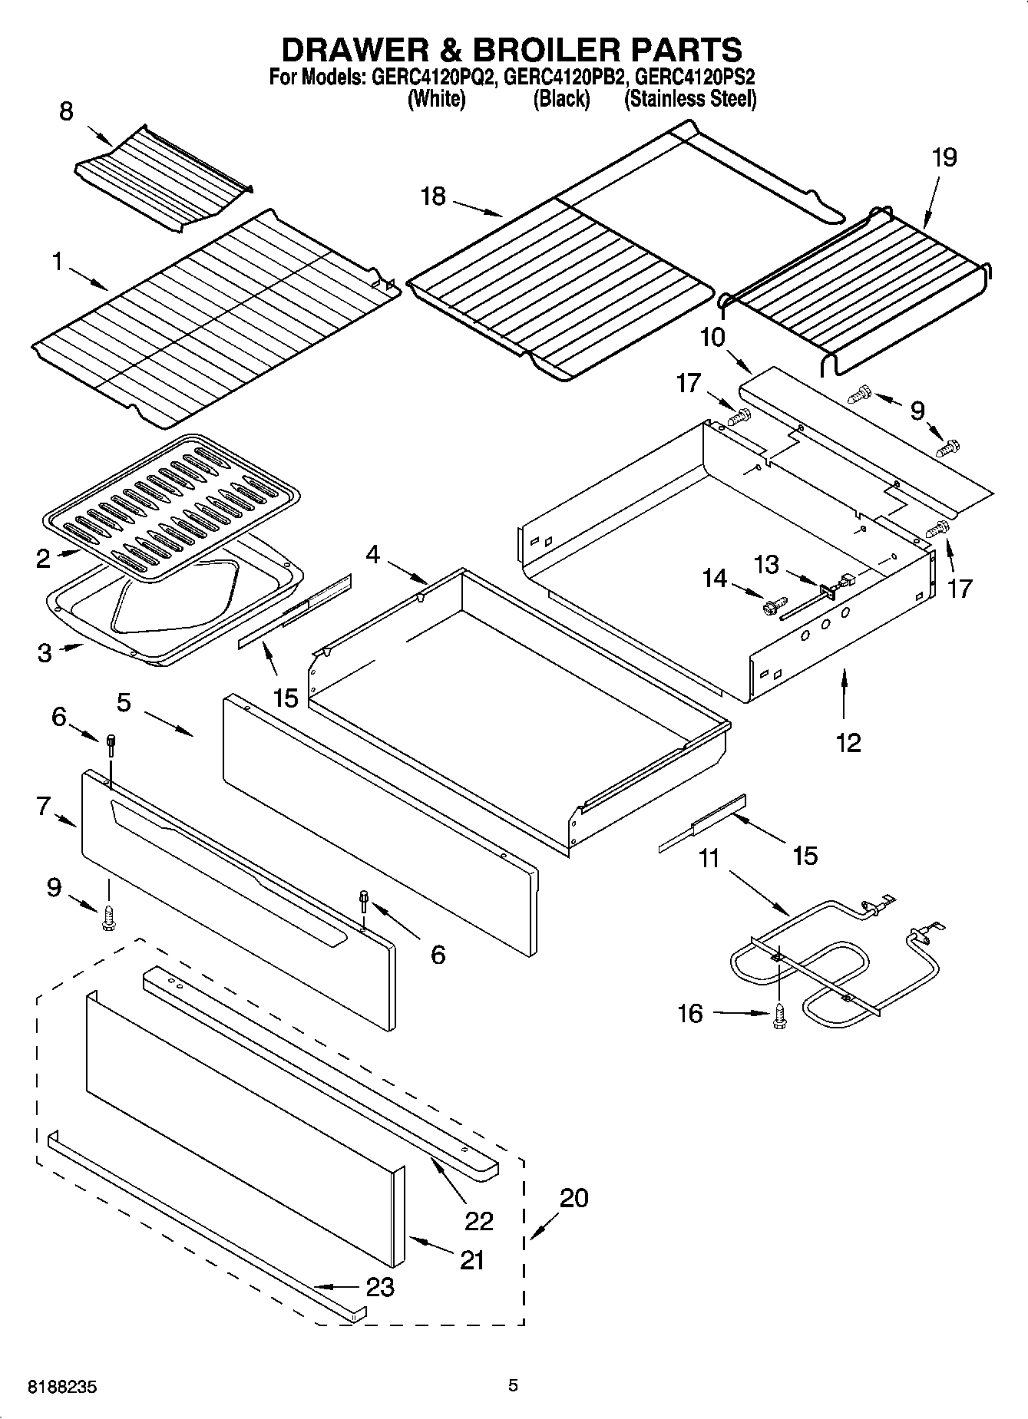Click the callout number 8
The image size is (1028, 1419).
point(67,112)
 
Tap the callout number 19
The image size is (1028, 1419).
point(944,158)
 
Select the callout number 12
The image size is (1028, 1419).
point(848,742)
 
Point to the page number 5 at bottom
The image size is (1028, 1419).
point(513,1386)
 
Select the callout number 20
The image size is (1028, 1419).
point(573,1197)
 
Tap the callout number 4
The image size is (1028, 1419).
point(372,554)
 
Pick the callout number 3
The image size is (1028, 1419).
point(45,654)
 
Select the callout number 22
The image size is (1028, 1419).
point(478,1220)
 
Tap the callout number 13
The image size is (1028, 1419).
point(766,566)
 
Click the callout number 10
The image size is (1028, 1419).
point(712,337)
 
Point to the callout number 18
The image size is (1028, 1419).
point(433,196)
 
